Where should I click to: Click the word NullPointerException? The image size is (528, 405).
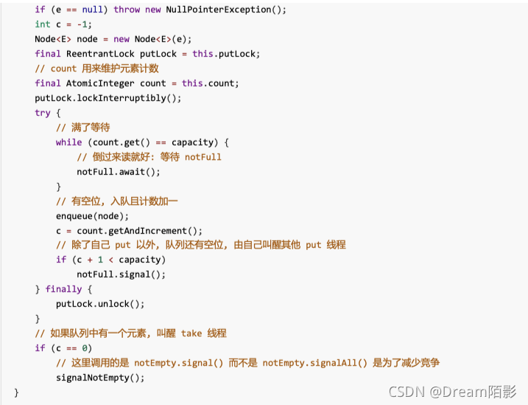pos(219,10)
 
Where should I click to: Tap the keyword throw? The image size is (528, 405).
pos(127,10)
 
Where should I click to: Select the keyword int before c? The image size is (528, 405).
pos(43,24)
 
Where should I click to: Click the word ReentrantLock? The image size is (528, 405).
pos(100,54)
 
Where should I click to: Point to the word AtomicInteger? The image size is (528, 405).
pos(100,83)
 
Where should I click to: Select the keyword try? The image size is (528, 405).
pos(43,113)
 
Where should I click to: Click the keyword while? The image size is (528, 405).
pos(69,142)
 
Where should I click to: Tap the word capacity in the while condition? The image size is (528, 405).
pos(192,142)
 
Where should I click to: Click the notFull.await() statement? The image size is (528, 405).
pos(119,172)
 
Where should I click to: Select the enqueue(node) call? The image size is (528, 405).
pos(92,216)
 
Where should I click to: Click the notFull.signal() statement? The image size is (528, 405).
pos(122,274)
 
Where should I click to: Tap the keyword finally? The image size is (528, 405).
pos(63,289)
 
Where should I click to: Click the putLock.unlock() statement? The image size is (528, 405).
pos(100,304)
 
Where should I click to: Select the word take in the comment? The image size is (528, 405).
pos(191,333)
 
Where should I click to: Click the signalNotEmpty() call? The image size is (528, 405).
pos(100,378)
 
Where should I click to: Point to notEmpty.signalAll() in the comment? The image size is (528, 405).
pos(315,363)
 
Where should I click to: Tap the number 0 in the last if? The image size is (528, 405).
pos(85,348)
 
